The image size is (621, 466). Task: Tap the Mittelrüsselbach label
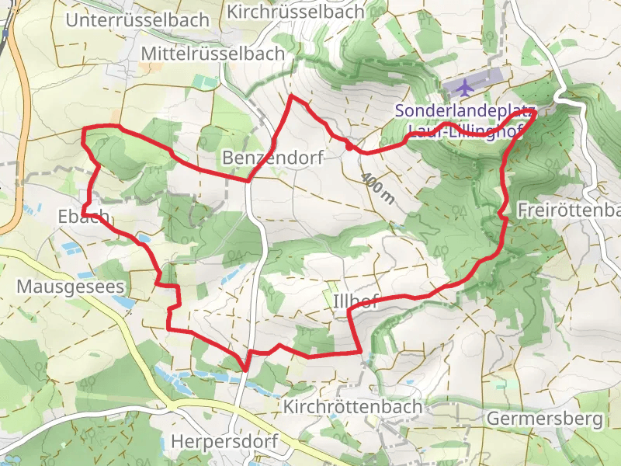pos(213,54)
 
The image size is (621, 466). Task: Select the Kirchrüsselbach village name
pos(296,12)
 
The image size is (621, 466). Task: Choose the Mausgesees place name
pos(71,287)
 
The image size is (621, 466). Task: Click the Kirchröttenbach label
pos(353,406)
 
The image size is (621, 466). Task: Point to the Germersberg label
pos(545,419)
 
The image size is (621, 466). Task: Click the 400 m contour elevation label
pos(378,189)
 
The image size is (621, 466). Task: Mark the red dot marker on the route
pos(349,144)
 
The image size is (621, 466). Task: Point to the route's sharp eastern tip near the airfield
pos(536,112)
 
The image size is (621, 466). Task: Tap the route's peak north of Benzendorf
pos(292,97)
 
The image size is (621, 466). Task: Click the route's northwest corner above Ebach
pos(84,128)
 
